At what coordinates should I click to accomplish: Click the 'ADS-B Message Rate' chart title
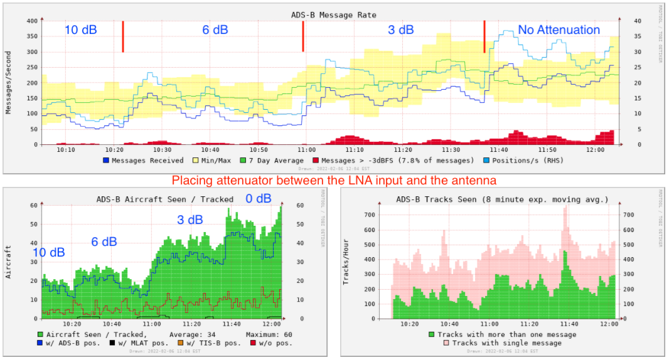pos(334,14)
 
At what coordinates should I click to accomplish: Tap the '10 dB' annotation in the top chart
pos(80,29)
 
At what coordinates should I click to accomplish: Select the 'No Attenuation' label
pos(559,29)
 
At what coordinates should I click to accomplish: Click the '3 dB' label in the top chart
pos(400,29)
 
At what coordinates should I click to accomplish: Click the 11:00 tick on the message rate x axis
pos(306,151)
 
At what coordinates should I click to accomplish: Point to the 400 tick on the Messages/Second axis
pos(31,21)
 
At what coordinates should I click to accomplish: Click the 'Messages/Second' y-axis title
pos(9,82)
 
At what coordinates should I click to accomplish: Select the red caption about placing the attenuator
pos(334,180)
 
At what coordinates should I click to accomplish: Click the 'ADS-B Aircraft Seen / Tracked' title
pos(164,199)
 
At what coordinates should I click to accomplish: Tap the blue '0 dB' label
pos(258,199)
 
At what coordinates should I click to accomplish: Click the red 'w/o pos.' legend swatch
pos(253,343)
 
